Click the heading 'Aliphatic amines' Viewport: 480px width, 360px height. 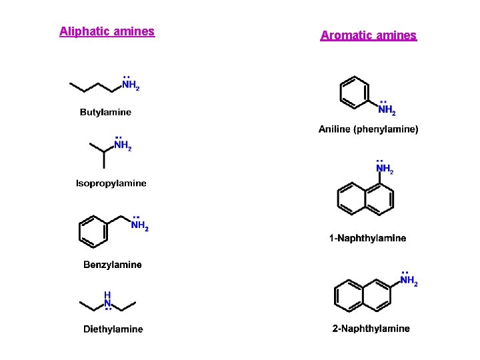pos(107,31)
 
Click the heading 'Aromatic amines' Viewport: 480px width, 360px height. pos(368,35)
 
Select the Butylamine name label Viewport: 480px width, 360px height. pos(105,112)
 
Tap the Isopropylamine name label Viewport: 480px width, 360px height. pos(111,183)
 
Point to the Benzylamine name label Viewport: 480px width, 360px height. pos(112,265)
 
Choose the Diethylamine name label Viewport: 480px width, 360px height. pos(113,329)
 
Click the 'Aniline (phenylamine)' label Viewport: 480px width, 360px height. pos(368,129)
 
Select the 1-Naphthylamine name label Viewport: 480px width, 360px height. pos(367,238)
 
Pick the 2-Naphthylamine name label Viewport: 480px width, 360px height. pos(371,328)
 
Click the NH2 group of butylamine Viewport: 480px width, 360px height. pos(130,85)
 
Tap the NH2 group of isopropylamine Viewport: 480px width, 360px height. pos(122,145)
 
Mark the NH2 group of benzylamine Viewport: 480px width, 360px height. pos(139,226)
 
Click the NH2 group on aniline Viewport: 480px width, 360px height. pos(387,110)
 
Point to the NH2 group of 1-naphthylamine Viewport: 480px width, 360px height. pos(385,169)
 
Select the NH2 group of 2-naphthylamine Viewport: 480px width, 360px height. pos(409,281)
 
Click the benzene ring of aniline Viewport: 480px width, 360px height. pos(354,92)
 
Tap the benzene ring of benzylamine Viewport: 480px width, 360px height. pos(93,230)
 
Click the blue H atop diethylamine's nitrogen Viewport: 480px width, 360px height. pos(107,295)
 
